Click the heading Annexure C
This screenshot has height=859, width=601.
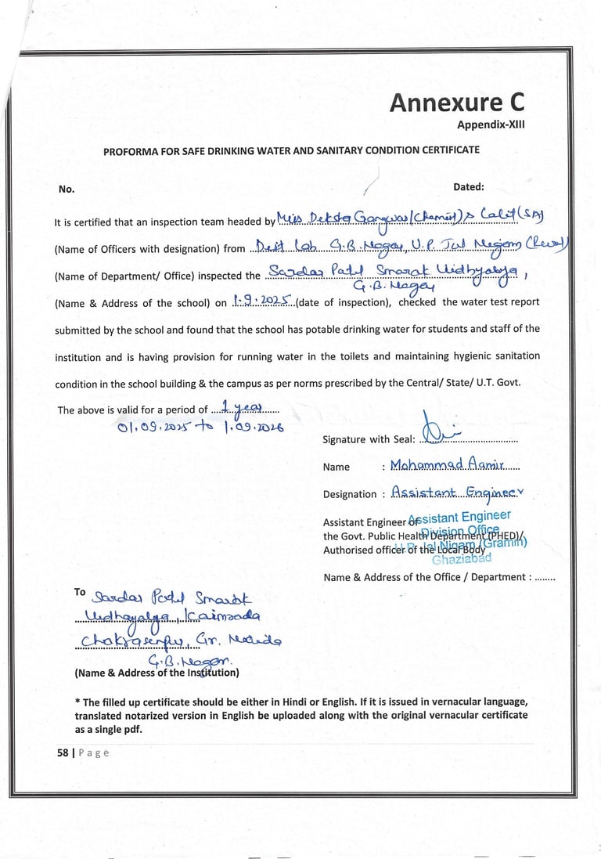point(457,103)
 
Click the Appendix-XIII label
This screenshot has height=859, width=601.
point(491,125)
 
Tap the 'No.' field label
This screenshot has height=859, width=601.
point(67,189)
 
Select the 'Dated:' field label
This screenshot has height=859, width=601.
point(469,187)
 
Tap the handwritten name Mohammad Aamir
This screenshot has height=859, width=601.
point(448,466)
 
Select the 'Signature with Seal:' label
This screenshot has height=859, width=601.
point(366,440)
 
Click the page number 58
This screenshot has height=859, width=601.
point(62,753)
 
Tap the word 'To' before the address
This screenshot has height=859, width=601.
point(80,593)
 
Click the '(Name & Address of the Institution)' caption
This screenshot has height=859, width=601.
point(157,673)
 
